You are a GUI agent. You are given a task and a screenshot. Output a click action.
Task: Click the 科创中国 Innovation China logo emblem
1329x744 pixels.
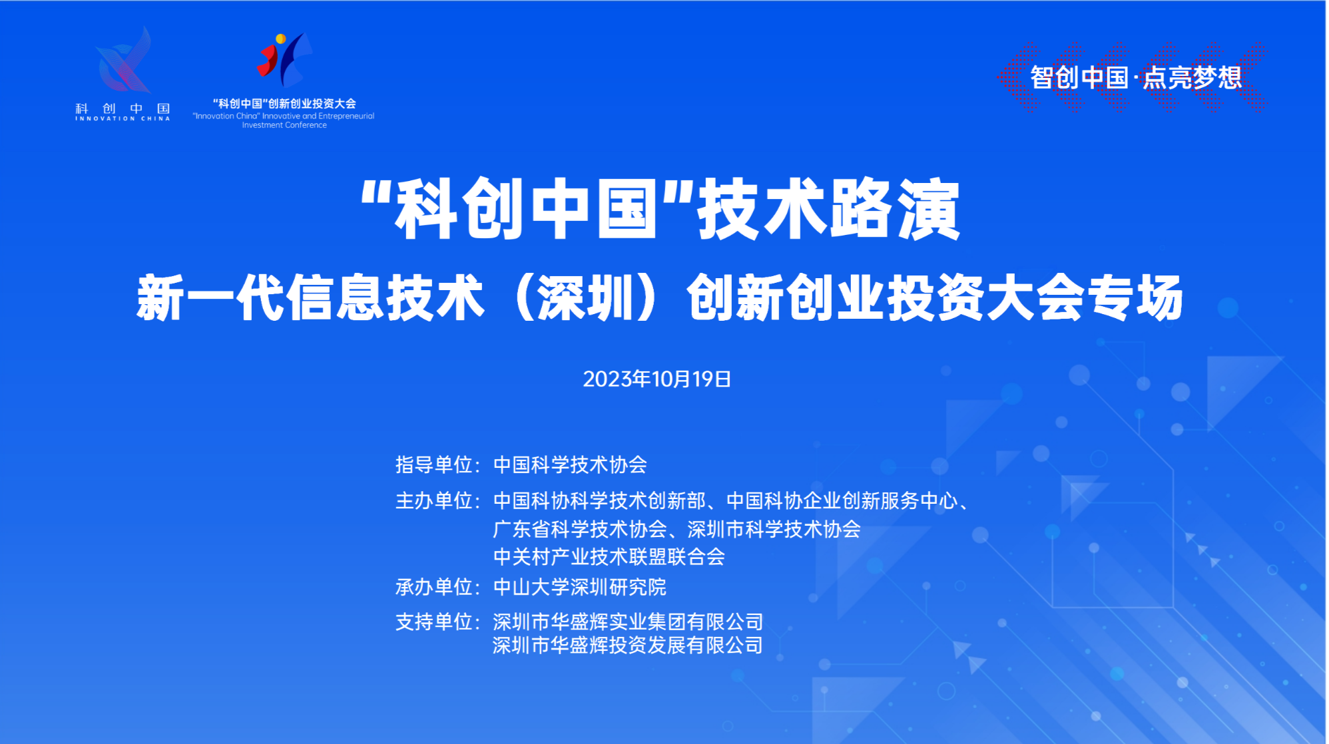tap(124, 60)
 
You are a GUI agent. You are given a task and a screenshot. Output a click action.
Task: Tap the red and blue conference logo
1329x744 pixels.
tap(284, 60)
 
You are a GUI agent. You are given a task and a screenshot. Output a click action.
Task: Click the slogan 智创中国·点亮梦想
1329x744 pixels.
tap(1136, 78)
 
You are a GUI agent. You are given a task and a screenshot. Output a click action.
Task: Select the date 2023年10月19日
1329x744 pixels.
tap(657, 379)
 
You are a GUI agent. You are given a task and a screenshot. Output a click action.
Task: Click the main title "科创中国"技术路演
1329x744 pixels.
tap(660, 209)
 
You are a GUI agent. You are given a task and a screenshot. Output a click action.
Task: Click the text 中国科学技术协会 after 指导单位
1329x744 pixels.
tap(570, 465)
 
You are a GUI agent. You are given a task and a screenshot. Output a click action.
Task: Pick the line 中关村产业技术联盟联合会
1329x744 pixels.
tap(609, 556)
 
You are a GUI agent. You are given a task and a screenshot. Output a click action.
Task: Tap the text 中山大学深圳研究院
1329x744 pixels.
tap(579, 587)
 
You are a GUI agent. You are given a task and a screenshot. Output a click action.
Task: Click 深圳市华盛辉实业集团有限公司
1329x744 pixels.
tap(628, 622)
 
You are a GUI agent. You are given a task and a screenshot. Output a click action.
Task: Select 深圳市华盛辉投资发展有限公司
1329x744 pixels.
tap(628, 645)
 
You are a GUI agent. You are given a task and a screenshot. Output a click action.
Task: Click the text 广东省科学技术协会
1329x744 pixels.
tap(579, 529)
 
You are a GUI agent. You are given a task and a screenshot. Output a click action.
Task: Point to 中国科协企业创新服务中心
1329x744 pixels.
tap(842, 500)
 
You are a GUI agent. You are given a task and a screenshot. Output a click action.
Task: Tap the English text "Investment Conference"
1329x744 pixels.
tap(284, 125)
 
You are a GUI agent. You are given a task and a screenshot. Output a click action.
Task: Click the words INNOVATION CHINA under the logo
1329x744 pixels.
tap(123, 118)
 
